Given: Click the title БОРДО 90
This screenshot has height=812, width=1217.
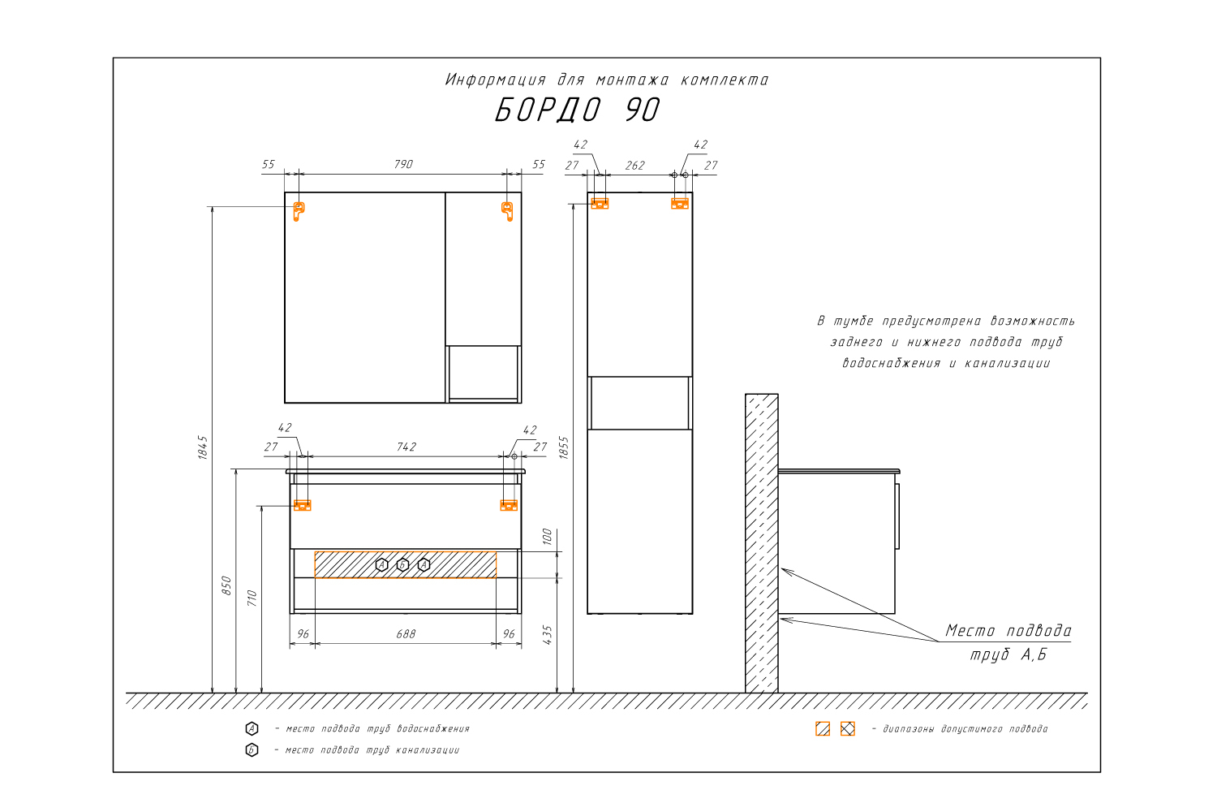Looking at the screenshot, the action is tap(577, 110).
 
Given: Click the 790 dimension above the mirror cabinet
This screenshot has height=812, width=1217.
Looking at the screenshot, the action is tap(404, 164).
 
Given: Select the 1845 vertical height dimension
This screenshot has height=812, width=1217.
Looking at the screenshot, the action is tap(203, 447).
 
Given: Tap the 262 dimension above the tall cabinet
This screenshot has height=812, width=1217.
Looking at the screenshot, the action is tap(634, 166).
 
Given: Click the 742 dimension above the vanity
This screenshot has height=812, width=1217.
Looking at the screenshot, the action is tap(406, 447).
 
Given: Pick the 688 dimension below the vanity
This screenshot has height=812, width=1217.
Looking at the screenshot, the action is tap(406, 634).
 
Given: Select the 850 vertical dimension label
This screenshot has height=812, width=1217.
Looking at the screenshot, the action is tap(226, 585).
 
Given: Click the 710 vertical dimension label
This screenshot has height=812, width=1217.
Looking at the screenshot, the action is tap(252, 598).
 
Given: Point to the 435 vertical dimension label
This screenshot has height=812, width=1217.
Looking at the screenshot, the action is tap(547, 635).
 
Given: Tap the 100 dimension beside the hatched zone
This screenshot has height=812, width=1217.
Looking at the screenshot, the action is tap(547, 536).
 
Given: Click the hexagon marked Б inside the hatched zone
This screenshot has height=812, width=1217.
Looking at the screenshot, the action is tap(402, 565).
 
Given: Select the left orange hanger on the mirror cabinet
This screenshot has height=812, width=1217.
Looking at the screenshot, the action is tap(299, 211).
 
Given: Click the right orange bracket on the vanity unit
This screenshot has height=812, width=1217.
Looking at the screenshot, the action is tap(509, 505).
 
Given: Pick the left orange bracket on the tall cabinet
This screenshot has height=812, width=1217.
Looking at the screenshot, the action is tap(600, 204).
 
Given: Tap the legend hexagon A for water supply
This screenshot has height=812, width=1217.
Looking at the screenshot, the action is tap(252, 728).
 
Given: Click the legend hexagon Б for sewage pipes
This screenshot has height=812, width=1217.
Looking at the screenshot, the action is tap(252, 750).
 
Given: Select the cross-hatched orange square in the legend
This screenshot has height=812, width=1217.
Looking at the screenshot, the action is tap(848, 729).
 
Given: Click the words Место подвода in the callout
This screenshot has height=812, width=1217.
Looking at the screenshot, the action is tap(1008, 630).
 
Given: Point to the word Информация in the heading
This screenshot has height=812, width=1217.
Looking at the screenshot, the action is tap(495, 80).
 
